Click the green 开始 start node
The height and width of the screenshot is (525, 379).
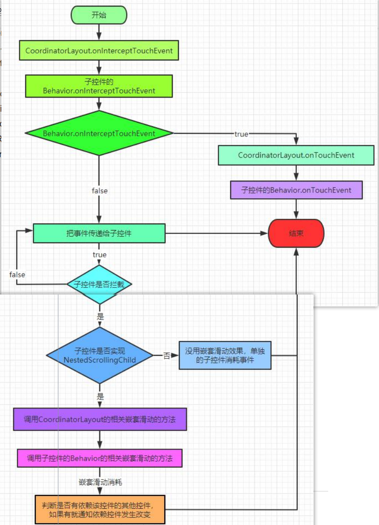(x=99, y=15)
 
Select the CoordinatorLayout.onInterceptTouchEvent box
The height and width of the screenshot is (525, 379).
(x=99, y=51)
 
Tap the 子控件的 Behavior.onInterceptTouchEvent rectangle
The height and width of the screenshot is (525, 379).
(x=99, y=86)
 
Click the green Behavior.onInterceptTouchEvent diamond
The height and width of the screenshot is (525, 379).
(x=99, y=133)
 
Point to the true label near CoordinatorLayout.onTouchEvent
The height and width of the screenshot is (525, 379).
(x=241, y=134)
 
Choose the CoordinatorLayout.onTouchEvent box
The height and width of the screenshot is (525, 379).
(x=296, y=155)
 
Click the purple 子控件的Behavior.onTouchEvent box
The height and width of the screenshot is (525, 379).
(x=296, y=190)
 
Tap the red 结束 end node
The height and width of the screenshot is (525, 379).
(x=296, y=234)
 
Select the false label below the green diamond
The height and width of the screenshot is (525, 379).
(x=99, y=191)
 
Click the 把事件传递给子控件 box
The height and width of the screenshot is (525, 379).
(x=99, y=233)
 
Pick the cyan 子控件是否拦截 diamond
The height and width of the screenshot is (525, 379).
(x=99, y=284)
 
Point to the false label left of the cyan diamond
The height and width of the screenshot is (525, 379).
(x=17, y=275)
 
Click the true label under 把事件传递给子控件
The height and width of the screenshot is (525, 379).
(x=99, y=255)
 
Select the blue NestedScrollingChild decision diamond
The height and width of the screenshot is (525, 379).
(x=100, y=355)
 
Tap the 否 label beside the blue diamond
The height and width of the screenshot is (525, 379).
(x=167, y=356)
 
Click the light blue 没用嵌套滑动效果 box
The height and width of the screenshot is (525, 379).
(x=225, y=355)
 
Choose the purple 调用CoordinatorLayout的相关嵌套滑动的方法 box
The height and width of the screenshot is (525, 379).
(x=100, y=419)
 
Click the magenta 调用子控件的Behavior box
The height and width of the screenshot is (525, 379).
(x=100, y=458)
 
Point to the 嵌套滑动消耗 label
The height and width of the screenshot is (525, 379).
(x=100, y=482)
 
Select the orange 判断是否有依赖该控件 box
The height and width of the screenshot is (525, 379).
(x=100, y=509)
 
